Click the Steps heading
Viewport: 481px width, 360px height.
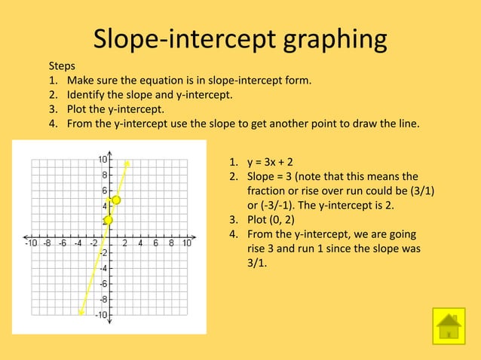pos(62,66)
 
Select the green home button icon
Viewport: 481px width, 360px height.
pos(449,325)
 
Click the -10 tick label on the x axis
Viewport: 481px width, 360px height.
pos(31,243)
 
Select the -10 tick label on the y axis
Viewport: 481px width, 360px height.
pos(100,314)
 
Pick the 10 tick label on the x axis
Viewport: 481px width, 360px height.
pos(186,243)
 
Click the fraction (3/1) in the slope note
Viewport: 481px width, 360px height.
pos(420,191)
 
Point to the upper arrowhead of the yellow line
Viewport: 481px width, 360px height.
pos(127,162)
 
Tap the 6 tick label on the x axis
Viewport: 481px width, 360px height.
pos(155,243)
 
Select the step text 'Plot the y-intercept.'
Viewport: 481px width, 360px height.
pos(115,109)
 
